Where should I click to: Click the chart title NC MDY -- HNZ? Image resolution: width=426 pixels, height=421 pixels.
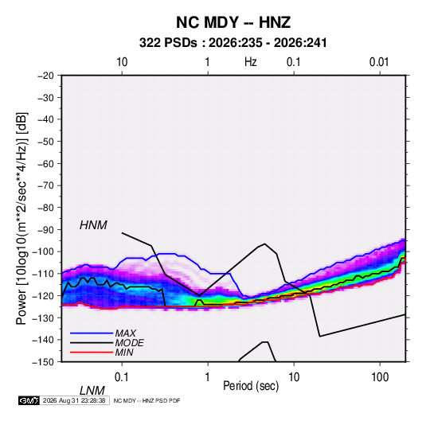click(x=233, y=22)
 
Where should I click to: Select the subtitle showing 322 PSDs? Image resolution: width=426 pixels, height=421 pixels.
click(x=233, y=43)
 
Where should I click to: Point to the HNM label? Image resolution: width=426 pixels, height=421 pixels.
click(x=93, y=225)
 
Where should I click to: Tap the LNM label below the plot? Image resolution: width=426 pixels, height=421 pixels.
click(x=92, y=391)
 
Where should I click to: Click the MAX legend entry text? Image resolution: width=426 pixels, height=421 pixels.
click(x=125, y=333)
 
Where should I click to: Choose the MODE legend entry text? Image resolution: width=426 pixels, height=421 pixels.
click(x=129, y=343)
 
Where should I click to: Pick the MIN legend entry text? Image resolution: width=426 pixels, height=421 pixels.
click(x=124, y=353)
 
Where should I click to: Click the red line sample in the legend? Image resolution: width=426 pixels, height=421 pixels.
click(x=92, y=353)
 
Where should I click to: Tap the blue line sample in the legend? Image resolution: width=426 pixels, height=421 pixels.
click(x=92, y=333)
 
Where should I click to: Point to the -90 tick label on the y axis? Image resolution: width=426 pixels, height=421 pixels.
click(x=45, y=230)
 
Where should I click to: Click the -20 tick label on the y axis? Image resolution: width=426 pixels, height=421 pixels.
click(x=45, y=76)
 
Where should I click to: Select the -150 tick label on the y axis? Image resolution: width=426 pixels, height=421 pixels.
click(x=43, y=362)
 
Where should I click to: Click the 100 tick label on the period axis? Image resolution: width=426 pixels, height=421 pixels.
click(x=380, y=377)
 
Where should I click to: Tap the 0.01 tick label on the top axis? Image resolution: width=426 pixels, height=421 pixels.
click(x=379, y=62)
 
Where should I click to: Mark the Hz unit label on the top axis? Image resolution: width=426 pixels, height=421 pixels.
click(x=251, y=62)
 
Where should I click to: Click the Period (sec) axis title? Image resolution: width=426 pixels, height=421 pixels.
click(x=251, y=386)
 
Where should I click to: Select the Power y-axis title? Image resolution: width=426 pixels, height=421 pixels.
click(x=21, y=218)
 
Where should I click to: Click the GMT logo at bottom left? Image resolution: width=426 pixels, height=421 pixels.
click(x=29, y=400)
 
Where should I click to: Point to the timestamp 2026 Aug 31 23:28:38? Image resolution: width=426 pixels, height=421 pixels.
click(x=74, y=400)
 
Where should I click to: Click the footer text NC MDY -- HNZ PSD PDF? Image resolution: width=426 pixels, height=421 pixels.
click(x=147, y=400)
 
